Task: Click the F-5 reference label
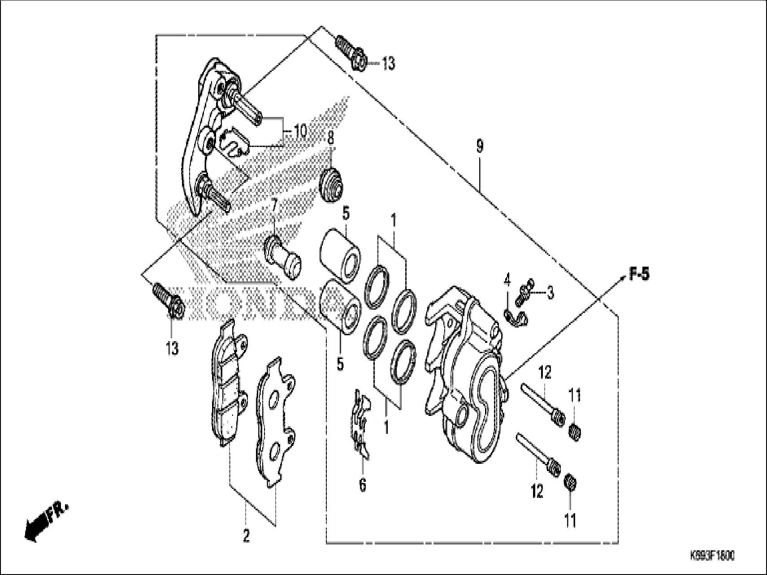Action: pos(638,274)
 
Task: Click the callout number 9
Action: pos(480,146)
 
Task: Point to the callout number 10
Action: pos(300,131)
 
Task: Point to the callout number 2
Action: pos(246,536)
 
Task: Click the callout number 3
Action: pos(550,293)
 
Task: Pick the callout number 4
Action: pos(507,281)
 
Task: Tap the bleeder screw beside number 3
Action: pos(524,293)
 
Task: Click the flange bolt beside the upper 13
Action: pos(351,53)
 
